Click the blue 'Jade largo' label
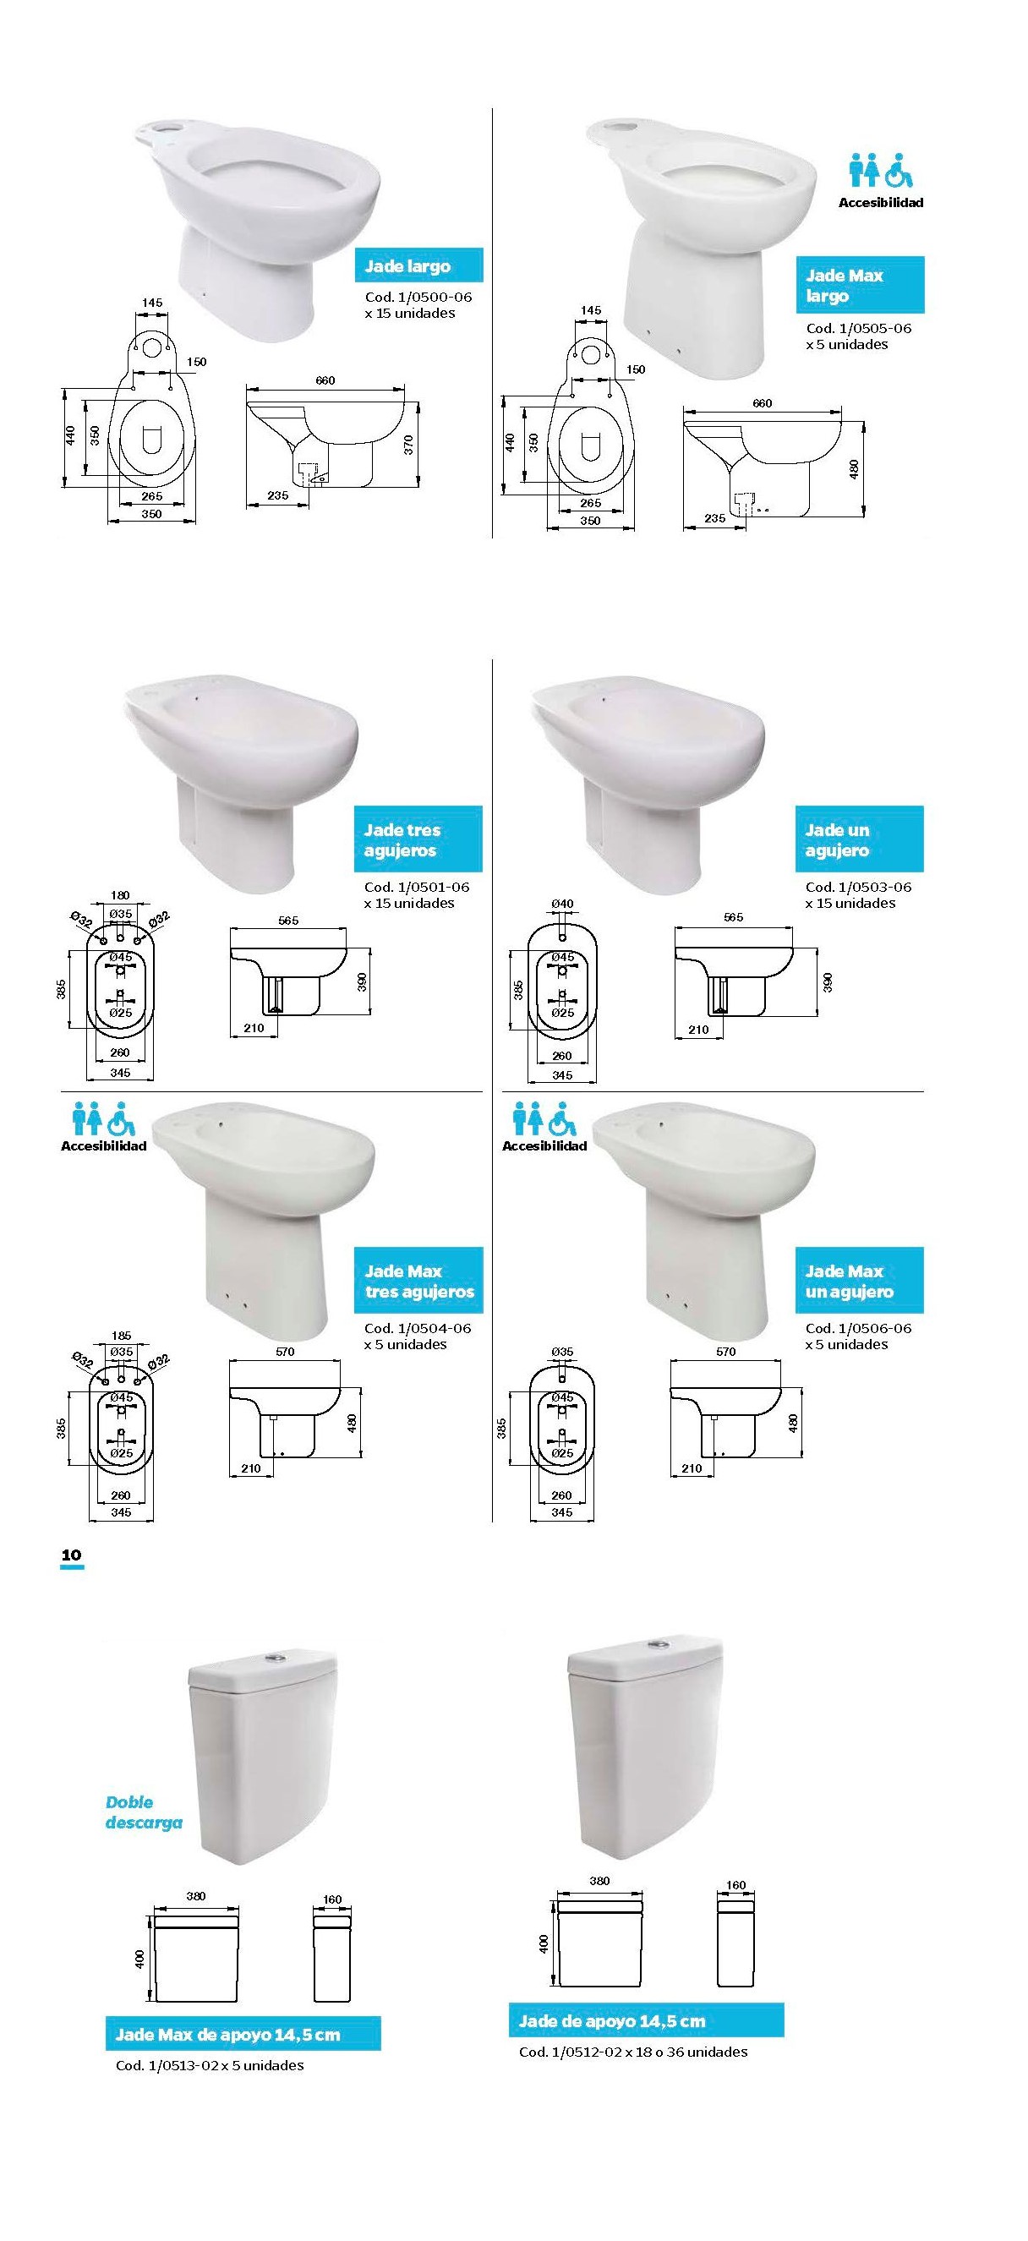point(418,266)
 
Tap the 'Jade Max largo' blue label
point(859,286)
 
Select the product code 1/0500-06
point(418,297)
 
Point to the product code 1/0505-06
point(858,328)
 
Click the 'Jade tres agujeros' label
point(418,839)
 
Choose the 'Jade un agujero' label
point(859,839)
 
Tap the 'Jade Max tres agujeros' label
point(418,1281)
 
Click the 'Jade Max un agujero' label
point(859,1281)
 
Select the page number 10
point(71,1555)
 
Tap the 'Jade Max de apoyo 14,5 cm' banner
point(243,2035)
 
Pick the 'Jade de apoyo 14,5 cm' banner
point(646,2021)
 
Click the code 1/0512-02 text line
point(633,2052)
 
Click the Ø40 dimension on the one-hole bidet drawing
point(563,904)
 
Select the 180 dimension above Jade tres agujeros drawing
point(121,895)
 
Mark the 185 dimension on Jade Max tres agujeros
point(122,1336)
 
